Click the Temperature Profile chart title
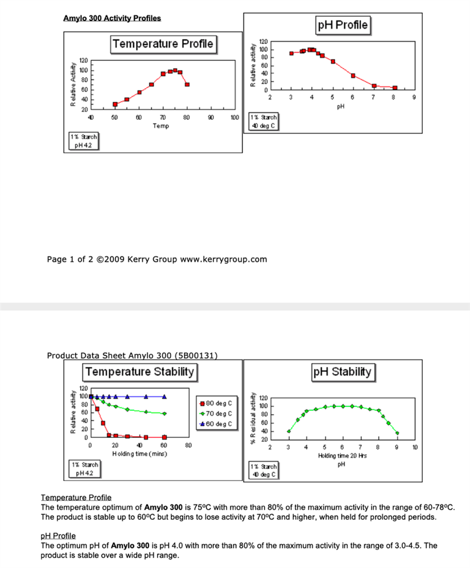click(163, 44)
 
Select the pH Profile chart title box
click(343, 25)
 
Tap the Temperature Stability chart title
click(140, 372)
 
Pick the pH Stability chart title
click(343, 372)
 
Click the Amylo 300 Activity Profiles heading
click(112, 18)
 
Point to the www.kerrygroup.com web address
click(224, 260)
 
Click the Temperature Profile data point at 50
click(115, 105)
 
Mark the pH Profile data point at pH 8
click(395, 88)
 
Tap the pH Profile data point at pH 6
click(353, 76)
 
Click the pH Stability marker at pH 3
click(288, 431)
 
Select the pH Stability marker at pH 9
click(397, 433)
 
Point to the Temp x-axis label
click(161, 126)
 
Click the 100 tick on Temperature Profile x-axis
click(234, 118)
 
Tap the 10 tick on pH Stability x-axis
click(415, 448)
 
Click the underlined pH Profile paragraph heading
click(58, 536)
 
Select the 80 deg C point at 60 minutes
click(164, 437)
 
